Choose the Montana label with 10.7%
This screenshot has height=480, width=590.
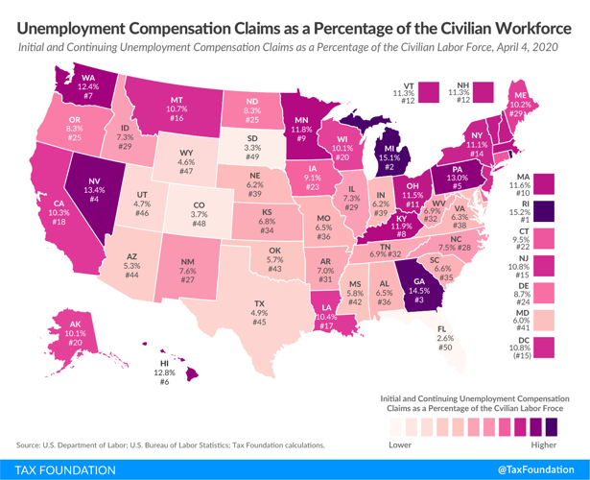(177, 108)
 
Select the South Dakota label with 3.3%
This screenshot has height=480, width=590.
(252, 148)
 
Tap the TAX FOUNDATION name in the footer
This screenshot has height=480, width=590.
(59, 469)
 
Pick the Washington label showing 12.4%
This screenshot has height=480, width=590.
(87, 86)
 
